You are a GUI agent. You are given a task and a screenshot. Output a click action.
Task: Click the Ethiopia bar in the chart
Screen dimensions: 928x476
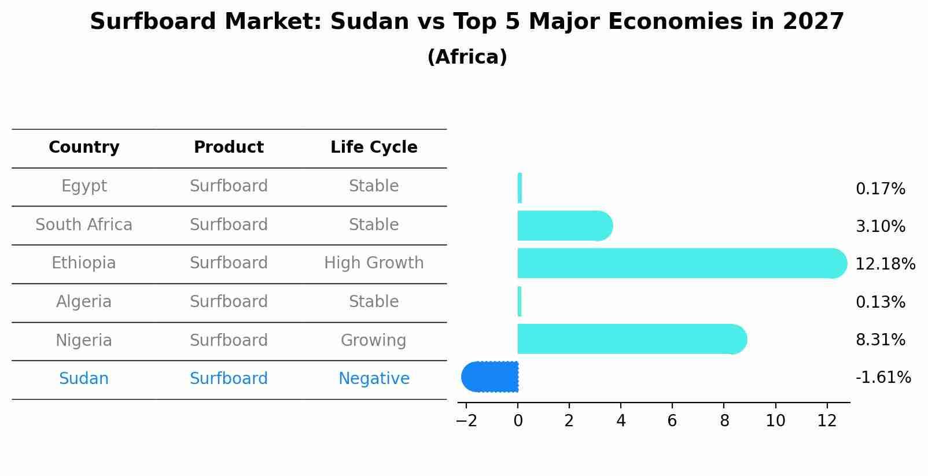point(682,264)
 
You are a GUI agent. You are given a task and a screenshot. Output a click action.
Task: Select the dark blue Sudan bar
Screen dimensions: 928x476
point(489,377)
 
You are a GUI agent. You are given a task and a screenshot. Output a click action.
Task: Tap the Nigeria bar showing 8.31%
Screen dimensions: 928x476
point(632,339)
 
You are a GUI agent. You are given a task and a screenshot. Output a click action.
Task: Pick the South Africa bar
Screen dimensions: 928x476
point(565,226)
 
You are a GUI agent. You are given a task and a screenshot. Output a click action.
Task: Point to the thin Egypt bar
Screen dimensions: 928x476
point(520,188)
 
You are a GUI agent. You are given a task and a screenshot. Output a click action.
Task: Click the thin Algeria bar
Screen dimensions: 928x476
point(520,301)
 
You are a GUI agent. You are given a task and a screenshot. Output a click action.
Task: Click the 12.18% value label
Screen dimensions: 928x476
point(885,264)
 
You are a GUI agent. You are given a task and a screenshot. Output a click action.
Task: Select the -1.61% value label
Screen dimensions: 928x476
point(883,377)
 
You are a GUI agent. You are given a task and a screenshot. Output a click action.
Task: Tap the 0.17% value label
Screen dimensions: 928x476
point(881,189)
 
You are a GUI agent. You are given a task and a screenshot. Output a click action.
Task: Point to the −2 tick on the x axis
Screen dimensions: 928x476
point(466,421)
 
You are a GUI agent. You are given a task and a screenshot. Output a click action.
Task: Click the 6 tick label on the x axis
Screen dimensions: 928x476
point(672,421)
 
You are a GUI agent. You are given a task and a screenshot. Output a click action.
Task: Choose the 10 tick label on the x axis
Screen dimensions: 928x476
point(775,421)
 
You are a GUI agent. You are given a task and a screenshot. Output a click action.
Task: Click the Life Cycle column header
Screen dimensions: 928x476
point(374,147)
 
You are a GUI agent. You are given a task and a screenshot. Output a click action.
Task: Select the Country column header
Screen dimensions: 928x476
point(84,147)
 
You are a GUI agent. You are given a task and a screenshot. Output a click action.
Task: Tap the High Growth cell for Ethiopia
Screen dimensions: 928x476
point(374,263)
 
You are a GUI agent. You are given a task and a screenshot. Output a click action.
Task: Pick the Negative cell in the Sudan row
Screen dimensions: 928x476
point(374,378)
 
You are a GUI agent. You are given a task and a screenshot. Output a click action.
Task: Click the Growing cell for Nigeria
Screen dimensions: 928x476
point(374,340)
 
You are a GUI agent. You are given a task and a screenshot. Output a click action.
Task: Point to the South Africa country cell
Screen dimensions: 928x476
point(84,224)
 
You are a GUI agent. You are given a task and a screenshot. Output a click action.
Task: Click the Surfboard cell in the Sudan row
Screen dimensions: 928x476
point(229,378)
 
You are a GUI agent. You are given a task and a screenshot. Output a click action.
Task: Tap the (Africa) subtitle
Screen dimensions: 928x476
point(467,57)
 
